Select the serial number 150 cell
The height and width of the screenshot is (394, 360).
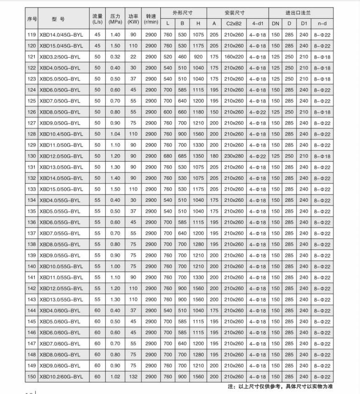[x=31, y=376]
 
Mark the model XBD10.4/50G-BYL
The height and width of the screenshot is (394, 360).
[x=61, y=134]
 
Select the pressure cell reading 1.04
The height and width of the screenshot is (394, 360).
[x=115, y=134]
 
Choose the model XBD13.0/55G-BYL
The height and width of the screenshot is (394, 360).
[x=61, y=299]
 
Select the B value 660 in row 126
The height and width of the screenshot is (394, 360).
[x=182, y=112]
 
